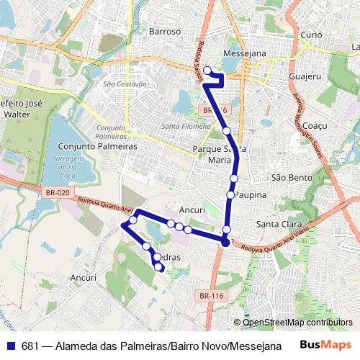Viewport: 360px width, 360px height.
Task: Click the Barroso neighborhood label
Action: (164, 32)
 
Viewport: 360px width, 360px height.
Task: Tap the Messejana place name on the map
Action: (246, 54)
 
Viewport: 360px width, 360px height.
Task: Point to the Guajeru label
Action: (304, 76)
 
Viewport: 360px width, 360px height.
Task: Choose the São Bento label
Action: (292, 177)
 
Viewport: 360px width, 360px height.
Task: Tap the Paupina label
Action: (251, 195)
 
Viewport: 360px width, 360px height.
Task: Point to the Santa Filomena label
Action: (185, 126)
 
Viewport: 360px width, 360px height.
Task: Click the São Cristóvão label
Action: (125, 84)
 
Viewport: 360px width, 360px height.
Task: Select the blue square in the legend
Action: (10, 346)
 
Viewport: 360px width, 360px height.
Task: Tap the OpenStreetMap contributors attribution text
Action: (297, 322)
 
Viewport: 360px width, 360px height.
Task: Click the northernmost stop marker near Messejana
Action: (207, 70)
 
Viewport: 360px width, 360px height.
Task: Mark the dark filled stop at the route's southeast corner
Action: (225, 243)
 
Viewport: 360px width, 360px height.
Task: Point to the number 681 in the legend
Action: (30, 346)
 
